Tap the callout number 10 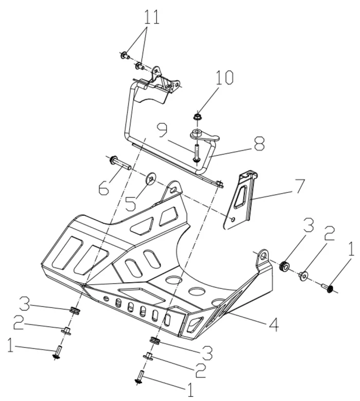click(x=224, y=79)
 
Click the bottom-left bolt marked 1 click(x=57, y=354)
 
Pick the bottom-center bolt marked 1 click(x=140, y=378)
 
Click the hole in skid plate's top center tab click(x=174, y=190)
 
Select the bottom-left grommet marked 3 click(x=75, y=311)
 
